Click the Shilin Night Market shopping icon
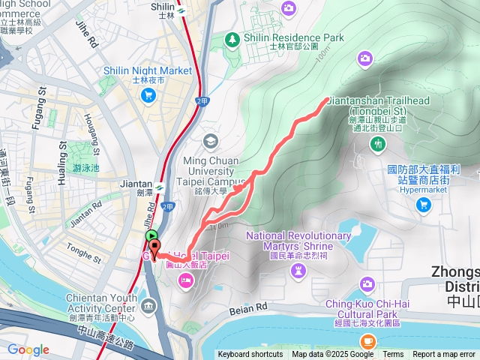pos(148,94)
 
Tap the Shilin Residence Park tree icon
pos(233,38)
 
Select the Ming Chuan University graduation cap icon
pos(211,141)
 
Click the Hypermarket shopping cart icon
pos(424,204)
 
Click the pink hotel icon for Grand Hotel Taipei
pos(185,280)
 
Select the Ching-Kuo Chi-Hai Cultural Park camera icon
pos(367,283)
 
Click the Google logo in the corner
pos(28,349)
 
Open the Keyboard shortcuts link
pos(250,355)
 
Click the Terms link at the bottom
pos(393,355)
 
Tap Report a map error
pos(445,355)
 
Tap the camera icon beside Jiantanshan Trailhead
pos(364,58)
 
